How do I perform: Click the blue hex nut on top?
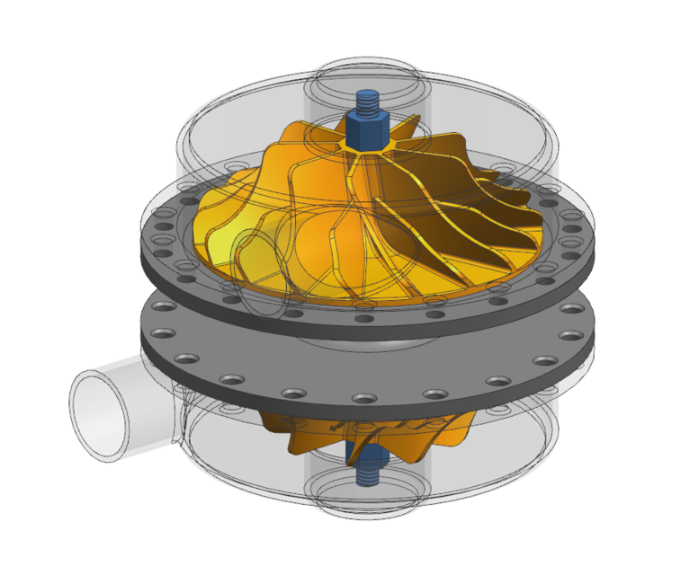(367, 131)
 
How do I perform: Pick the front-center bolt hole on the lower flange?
(364, 398)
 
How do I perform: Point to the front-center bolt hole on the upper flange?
(364, 317)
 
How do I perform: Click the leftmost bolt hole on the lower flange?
(162, 333)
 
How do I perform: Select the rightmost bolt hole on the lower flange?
(570, 335)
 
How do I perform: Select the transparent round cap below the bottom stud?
(367, 503)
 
